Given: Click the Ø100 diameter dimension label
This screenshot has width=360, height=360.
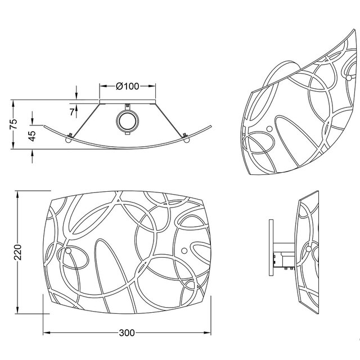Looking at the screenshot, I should pos(127,86).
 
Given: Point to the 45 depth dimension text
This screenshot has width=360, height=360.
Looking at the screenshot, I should pos(32,135).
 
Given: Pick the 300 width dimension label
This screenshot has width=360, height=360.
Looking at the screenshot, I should pos(127,332).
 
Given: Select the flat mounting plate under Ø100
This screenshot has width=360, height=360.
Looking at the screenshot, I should pos(127,102).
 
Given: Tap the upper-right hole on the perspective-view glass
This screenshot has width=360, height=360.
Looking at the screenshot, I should pos(350,75).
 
